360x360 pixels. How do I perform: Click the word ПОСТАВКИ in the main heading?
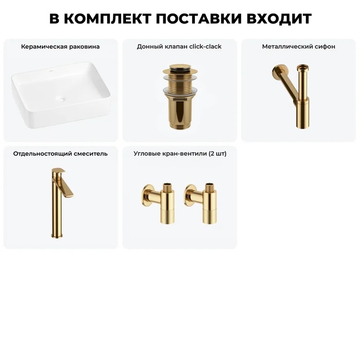click(199, 18)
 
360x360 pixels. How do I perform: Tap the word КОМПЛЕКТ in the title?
click(108, 18)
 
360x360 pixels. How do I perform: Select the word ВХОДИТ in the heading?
click(279, 18)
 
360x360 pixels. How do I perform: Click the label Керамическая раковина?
click(60, 47)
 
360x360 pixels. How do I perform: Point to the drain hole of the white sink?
click(60, 99)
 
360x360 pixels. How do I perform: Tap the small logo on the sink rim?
click(52, 71)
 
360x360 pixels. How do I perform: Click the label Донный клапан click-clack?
click(179, 47)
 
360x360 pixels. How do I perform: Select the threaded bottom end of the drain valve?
click(179, 125)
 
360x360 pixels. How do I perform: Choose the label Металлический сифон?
click(298, 47)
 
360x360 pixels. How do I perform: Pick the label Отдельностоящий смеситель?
click(60, 153)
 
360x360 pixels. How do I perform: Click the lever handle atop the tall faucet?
click(58, 171)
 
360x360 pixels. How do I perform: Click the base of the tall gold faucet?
click(57, 235)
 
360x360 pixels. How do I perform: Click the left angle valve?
click(158, 203)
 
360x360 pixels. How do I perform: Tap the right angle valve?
click(200, 203)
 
